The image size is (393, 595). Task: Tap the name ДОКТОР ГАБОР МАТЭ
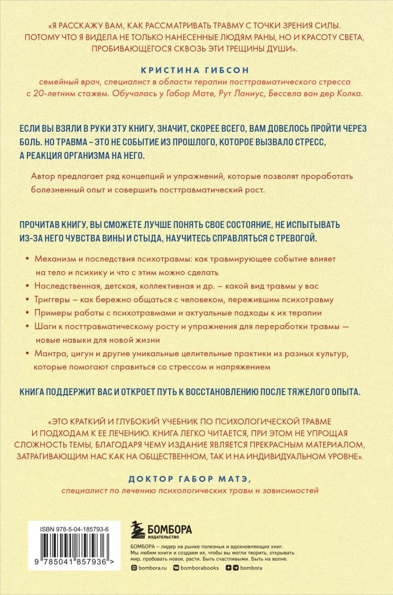tap(196, 480)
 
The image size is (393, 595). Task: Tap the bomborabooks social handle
tap(198, 568)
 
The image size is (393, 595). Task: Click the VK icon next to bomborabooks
tap(175, 568)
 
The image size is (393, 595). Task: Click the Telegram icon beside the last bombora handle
tap(235, 568)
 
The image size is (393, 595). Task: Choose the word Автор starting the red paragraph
tap(41, 176)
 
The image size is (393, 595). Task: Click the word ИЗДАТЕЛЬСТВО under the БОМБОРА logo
tap(164, 538)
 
